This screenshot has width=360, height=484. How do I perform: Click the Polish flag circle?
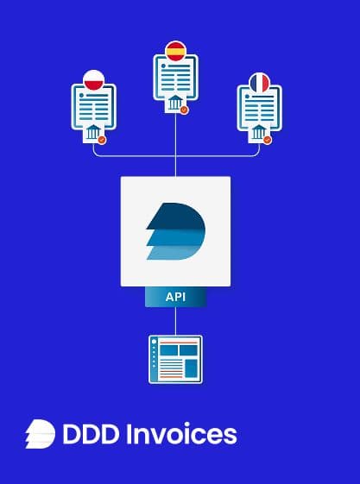[93, 80]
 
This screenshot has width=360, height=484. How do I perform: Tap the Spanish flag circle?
[175, 51]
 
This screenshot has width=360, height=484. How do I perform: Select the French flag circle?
[260, 83]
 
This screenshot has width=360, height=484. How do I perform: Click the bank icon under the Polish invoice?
[93, 132]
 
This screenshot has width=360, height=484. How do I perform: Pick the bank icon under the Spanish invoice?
[175, 103]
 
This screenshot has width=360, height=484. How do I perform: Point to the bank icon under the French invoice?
[258, 132]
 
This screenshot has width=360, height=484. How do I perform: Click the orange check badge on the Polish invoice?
[102, 140]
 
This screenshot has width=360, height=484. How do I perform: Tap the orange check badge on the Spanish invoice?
[184, 110]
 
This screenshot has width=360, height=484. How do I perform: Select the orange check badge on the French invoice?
[268, 140]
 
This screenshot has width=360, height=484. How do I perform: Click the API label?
[175, 297]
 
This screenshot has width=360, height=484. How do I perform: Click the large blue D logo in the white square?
[175, 231]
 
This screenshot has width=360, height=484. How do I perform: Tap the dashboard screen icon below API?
[175, 359]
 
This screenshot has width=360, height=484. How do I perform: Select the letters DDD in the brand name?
[91, 434]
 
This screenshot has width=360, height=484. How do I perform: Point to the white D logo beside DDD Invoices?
[40, 434]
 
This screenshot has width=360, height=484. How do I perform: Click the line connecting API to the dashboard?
[175, 321]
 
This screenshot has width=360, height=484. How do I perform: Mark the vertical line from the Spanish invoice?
[175, 145]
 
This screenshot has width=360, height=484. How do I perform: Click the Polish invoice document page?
[94, 107]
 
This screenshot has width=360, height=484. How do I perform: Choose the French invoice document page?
[259, 108]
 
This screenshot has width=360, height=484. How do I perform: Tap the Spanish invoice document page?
[175, 78]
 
